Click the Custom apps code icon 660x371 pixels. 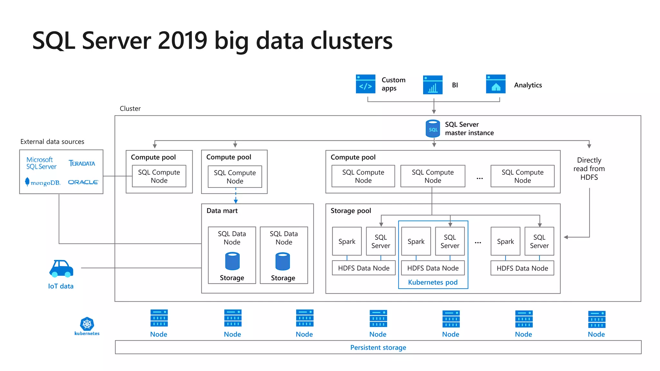tap(365, 84)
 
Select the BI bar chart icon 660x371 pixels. tap(432, 85)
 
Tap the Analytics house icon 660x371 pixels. tap(496, 84)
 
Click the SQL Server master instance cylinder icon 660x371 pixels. tap(433, 129)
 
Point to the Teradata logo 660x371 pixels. tap(82, 163)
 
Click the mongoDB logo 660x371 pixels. tap(43, 182)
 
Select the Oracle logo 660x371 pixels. tap(83, 182)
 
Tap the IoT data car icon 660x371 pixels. tap(61, 269)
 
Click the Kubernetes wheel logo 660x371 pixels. tap(87, 324)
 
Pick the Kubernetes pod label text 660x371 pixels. tap(432, 282)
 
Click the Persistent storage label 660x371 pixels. tap(378, 347)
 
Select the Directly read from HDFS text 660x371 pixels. tap(589, 169)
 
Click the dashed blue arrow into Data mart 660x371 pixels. tap(236, 196)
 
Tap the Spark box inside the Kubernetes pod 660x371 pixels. tap(416, 242)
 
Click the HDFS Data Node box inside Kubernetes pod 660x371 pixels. tap(432, 268)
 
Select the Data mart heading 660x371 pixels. tap(222, 211)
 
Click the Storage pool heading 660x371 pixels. tap(351, 211)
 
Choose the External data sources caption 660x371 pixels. tap(52, 142)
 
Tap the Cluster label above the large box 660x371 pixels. tap(130, 109)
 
